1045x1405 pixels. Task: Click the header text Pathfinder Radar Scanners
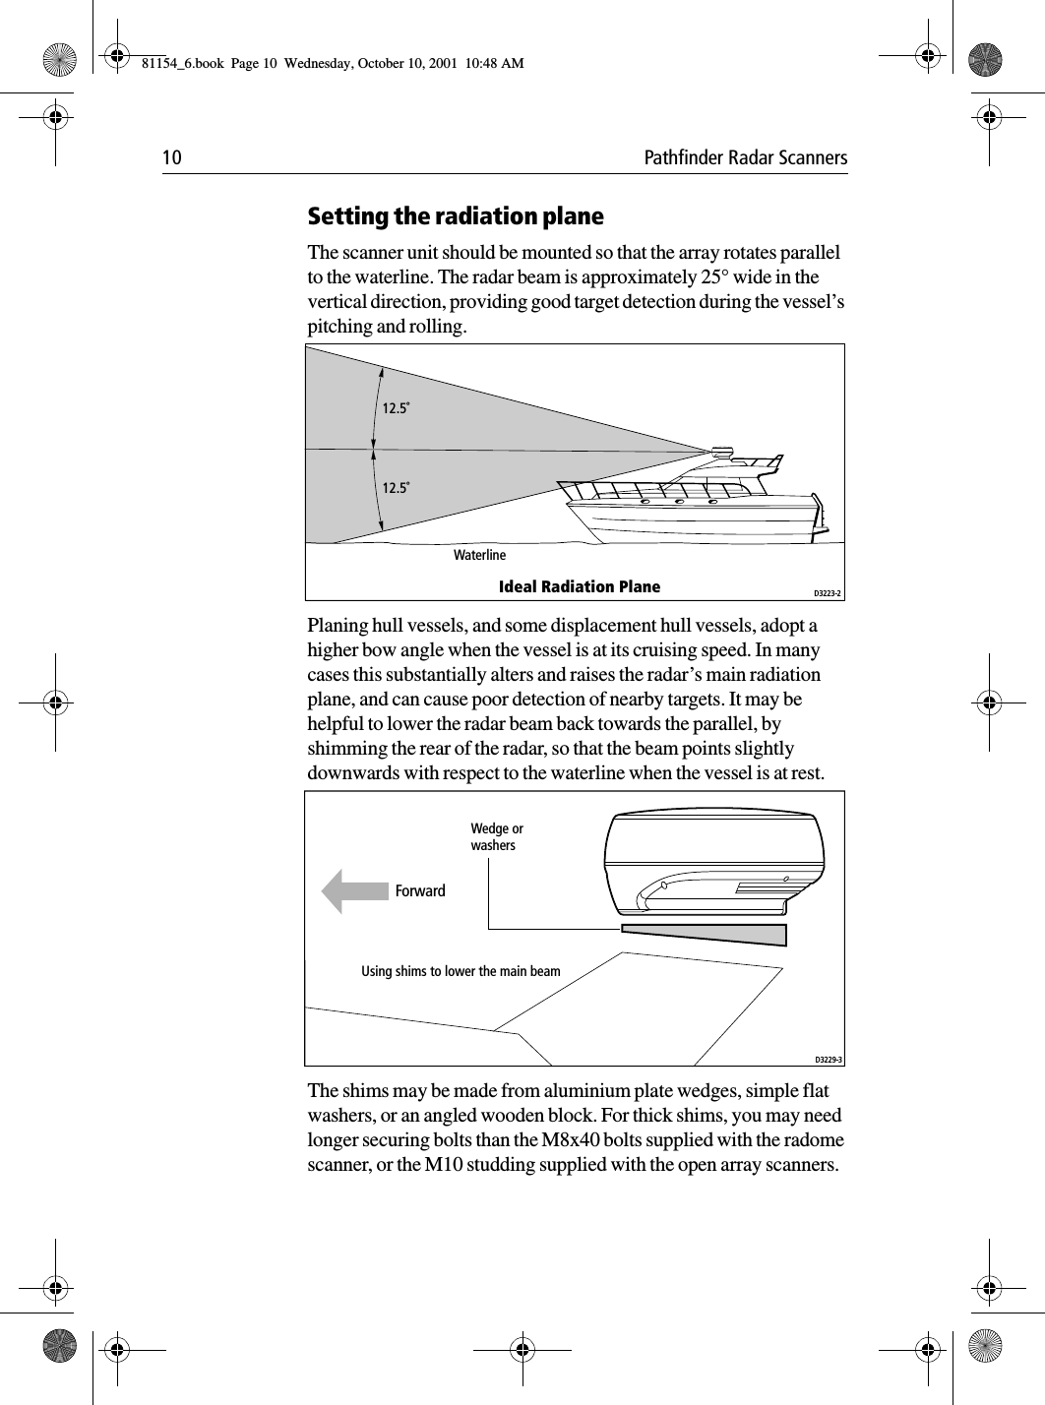[745, 158]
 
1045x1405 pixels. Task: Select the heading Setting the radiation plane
[456, 215]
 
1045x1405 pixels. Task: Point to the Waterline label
[479, 556]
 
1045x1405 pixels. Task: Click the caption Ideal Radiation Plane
[580, 587]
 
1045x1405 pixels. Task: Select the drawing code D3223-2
[828, 592]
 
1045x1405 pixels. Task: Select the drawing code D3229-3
[828, 1060]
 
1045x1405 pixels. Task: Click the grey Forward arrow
[355, 891]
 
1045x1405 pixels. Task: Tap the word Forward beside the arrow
[420, 891]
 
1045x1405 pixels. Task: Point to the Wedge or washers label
[497, 837]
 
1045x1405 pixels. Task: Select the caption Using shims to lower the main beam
[461, 972]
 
